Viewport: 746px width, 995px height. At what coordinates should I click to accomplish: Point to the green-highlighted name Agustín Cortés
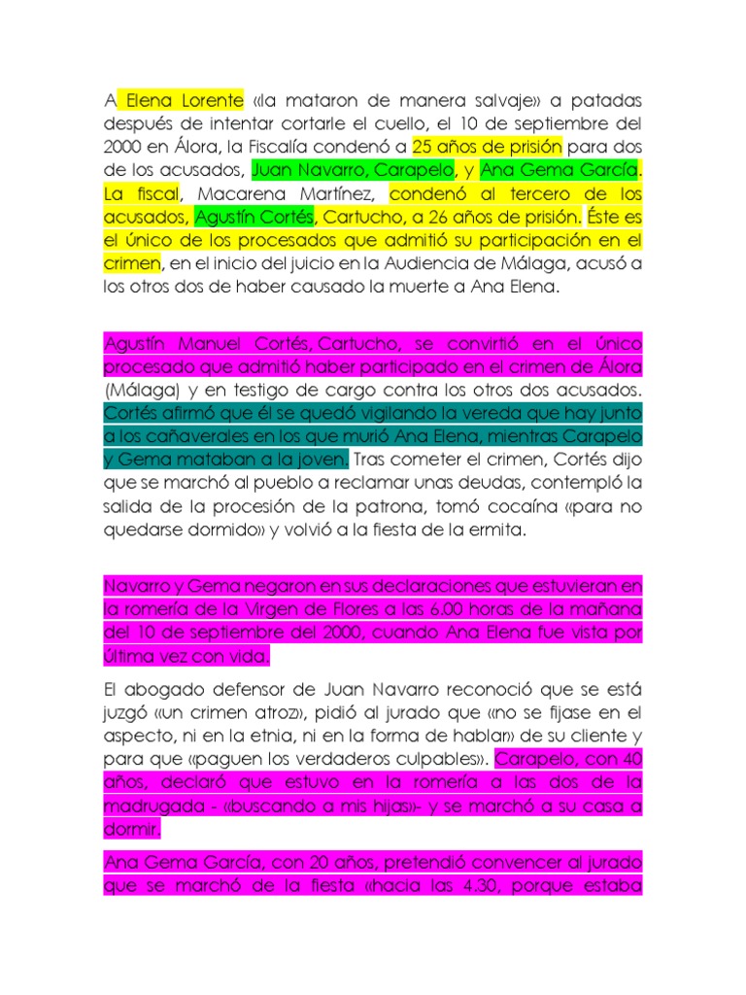click(x=255, y=217)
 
